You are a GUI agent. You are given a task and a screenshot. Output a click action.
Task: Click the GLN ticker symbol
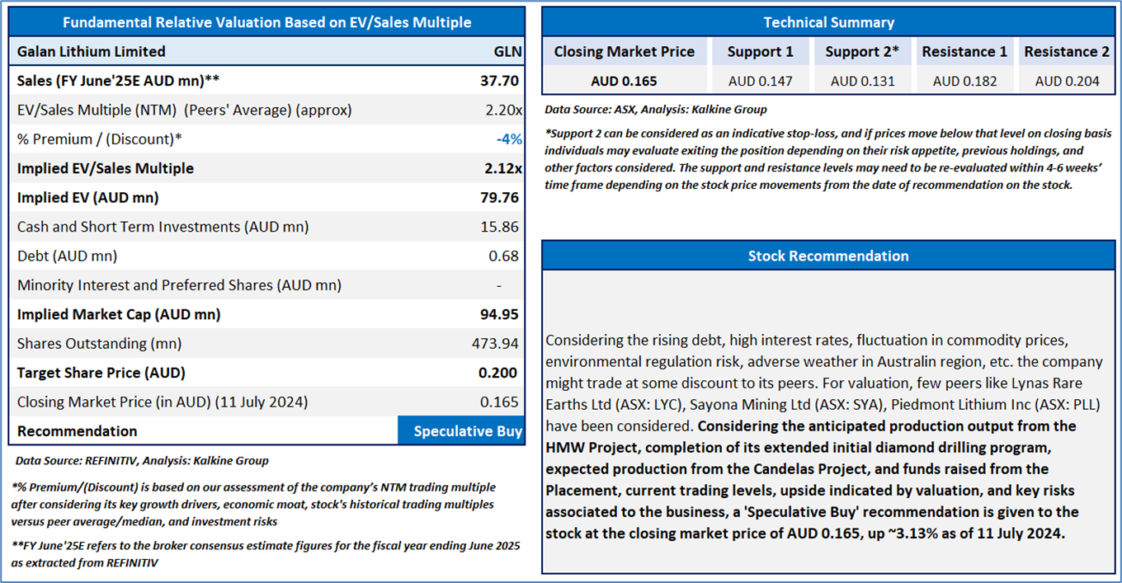[x=507, y=51]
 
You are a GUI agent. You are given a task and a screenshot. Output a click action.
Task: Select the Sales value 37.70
[x=501, y=81]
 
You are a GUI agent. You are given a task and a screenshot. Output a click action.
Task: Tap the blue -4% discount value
[x=509, y=139]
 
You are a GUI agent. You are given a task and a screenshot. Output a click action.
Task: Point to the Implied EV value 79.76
[x=501, y=198]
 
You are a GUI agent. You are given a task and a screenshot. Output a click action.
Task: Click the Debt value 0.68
[x=504, y=256]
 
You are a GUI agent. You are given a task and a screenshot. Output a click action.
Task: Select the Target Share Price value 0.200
[x=498, y=373]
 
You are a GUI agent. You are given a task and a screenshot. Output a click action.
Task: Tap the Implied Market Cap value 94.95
[x=501, y=314]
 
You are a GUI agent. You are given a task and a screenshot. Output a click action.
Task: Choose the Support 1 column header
[x=760, y=52]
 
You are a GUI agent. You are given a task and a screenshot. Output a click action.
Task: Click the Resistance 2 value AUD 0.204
[x=1066, y=81]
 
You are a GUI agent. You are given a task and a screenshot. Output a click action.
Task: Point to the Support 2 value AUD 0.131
[x=861, y=81]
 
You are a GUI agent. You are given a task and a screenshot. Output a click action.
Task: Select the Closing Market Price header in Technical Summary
[x=625, y=52]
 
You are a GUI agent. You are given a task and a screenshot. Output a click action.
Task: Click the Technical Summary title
[x=828, y=22]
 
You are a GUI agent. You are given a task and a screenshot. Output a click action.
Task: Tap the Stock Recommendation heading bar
[x=828, y=256]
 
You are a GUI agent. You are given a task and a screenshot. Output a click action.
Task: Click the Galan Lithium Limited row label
[x=92, y=51]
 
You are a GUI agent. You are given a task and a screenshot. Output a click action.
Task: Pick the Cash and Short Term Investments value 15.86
[x=501, y=227]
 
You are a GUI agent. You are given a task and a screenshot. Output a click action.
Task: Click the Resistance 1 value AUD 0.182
[x=964, y=81]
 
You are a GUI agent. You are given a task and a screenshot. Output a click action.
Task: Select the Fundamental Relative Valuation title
[x=266, y=22]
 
